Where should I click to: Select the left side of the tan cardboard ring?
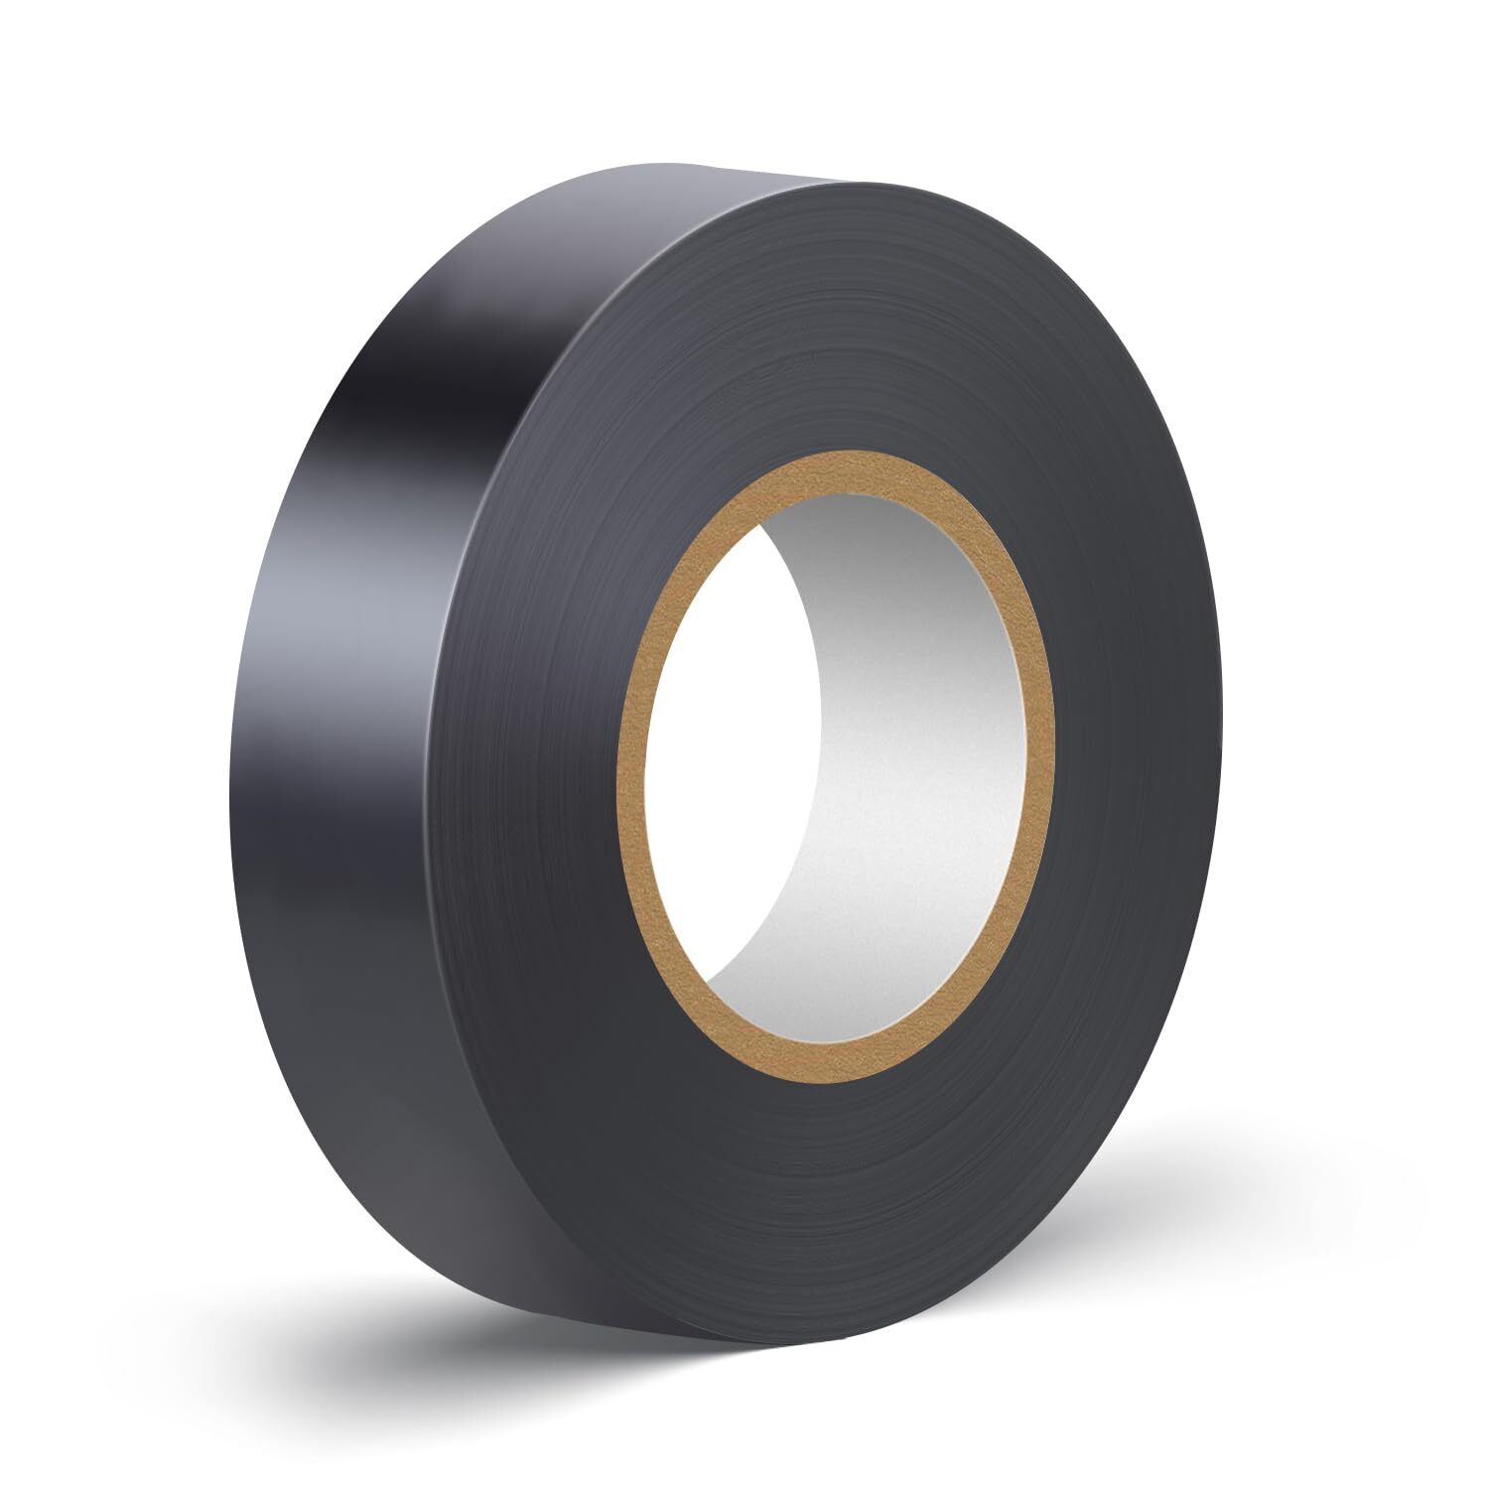(631, 764)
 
